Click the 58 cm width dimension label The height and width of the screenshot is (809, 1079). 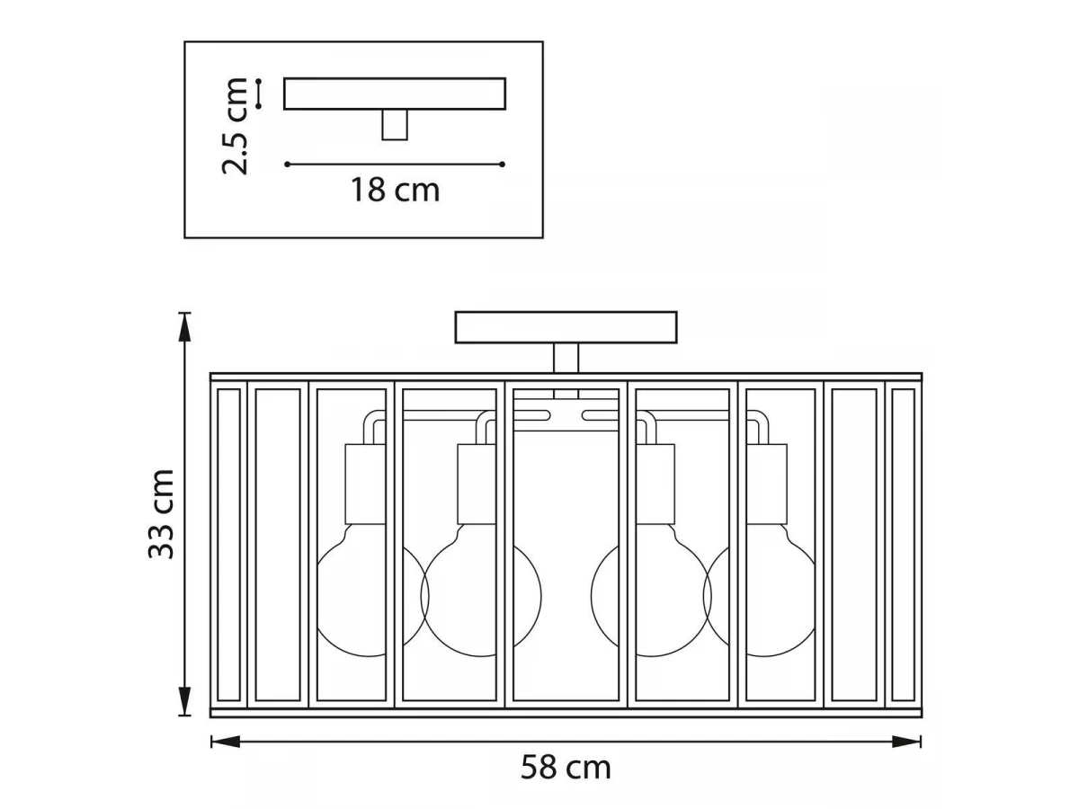(566, 768)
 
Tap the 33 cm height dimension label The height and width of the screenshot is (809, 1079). (161, 514)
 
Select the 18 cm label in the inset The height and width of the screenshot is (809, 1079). (395, 190)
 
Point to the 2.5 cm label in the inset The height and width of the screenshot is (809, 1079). (235, 126)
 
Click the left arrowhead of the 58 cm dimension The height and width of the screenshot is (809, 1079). (226, 742)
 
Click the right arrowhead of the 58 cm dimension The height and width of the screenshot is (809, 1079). (906, 742)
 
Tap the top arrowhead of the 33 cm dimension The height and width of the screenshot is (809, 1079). (184, 327)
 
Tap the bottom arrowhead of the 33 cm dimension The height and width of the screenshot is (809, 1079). (184, 701)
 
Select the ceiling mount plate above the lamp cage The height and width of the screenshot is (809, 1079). (566, 327)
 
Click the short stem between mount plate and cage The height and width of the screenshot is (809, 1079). (566, 358)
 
